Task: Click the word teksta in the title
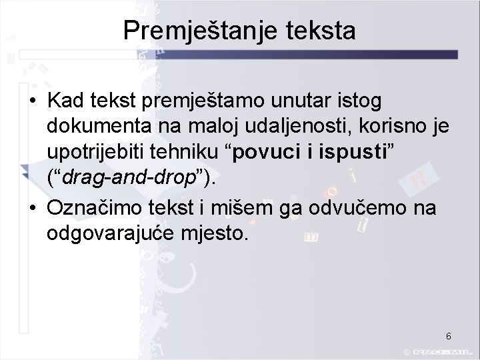[x=317, y=31]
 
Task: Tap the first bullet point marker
[x=32, y=104]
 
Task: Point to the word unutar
[x=294, y=103]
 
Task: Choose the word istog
[x=357, y=103]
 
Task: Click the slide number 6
[x=449, y=335]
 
